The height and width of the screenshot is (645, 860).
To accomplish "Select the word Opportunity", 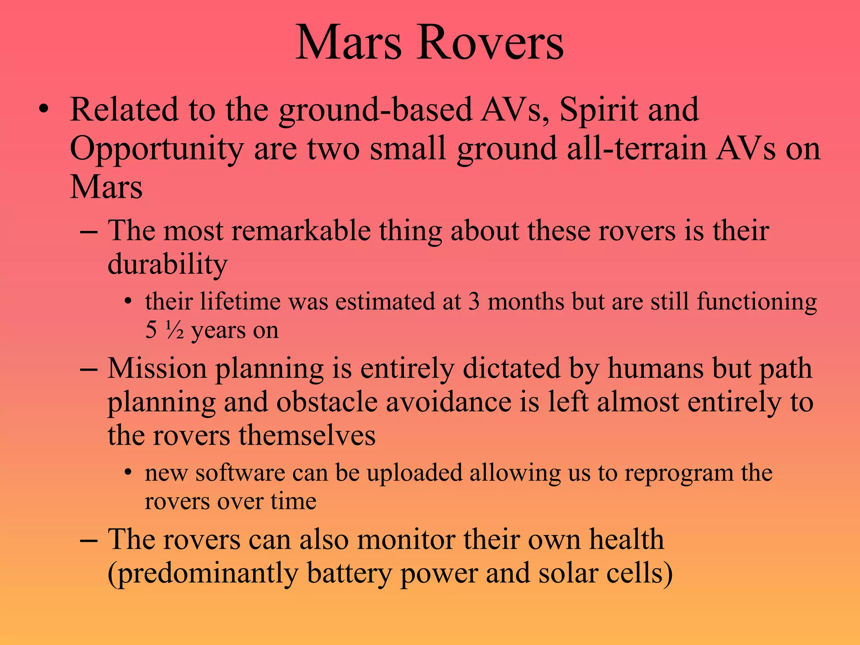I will click(x=156, y=149).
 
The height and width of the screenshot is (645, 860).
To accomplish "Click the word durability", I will click(x=168, y=265).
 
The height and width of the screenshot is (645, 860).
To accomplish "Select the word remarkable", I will click(x=301, y=231).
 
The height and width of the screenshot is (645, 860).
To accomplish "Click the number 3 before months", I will click(x=474, y=302).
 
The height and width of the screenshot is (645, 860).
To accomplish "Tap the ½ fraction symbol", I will click(x=174, y=331).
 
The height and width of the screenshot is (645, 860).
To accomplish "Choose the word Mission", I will click(x=157, y=368).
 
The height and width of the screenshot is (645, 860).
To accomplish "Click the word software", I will click(x=240, y=473).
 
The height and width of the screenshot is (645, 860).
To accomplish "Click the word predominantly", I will click(x=203, y=574).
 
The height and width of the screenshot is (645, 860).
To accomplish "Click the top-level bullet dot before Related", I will click(x=43, y=110).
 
